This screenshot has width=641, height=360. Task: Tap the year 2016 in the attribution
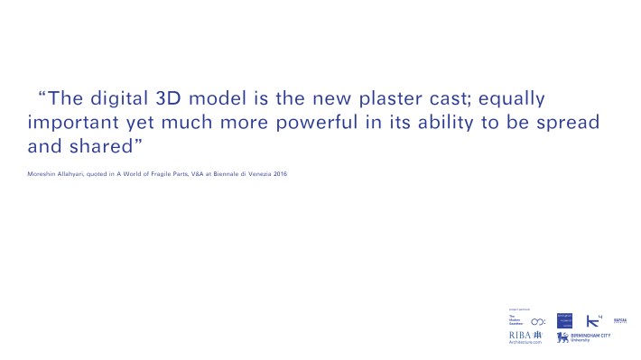click(x=280, y=173)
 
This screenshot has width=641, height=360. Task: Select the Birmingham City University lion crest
click(x=563, y=337)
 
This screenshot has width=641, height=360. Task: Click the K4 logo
click(x=593, y=320)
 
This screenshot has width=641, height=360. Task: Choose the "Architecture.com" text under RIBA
click(x=527, y=343)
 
